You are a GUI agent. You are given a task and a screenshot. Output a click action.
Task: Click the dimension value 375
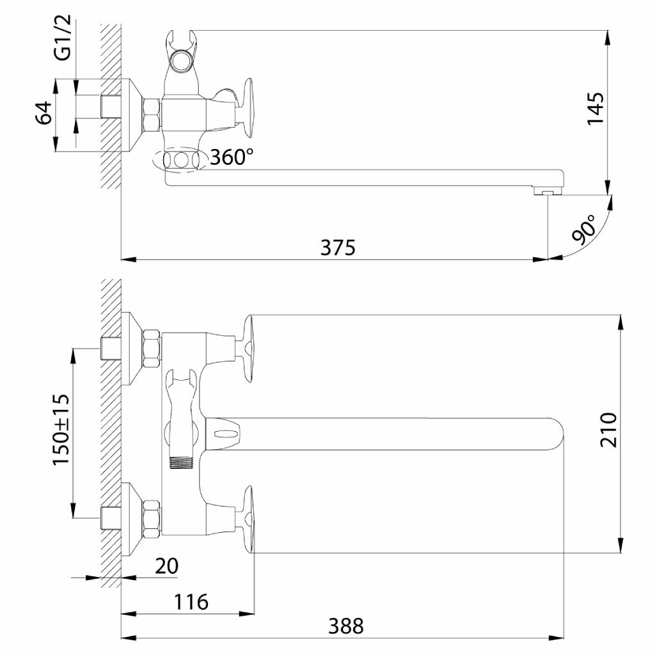pyautogui.click(x=338, y=248)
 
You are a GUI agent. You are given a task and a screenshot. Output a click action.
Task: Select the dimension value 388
pyautogui.click(x=346, y=627)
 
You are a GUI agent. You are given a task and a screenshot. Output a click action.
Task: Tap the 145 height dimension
pyautogui.click(x=596, y=109)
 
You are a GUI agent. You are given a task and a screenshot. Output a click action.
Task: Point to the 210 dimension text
pyautogui.click(x=609, y=430)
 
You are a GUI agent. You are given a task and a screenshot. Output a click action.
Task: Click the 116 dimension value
pyautogui.click(x=191, y=602)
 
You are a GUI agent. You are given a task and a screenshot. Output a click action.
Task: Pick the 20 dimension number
pyautogui.click(x=167, y=566)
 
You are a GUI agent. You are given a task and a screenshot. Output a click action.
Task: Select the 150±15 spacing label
pyautogui.click(x=61, y=429)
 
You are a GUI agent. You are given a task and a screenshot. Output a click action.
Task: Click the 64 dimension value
pyautogui.click(x=44, y=113)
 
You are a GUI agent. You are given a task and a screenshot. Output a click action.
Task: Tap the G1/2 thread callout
pyautogui.click(x=63, y=38)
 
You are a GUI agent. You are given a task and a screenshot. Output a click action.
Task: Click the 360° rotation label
pyautogui.click(x=232, y=157)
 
